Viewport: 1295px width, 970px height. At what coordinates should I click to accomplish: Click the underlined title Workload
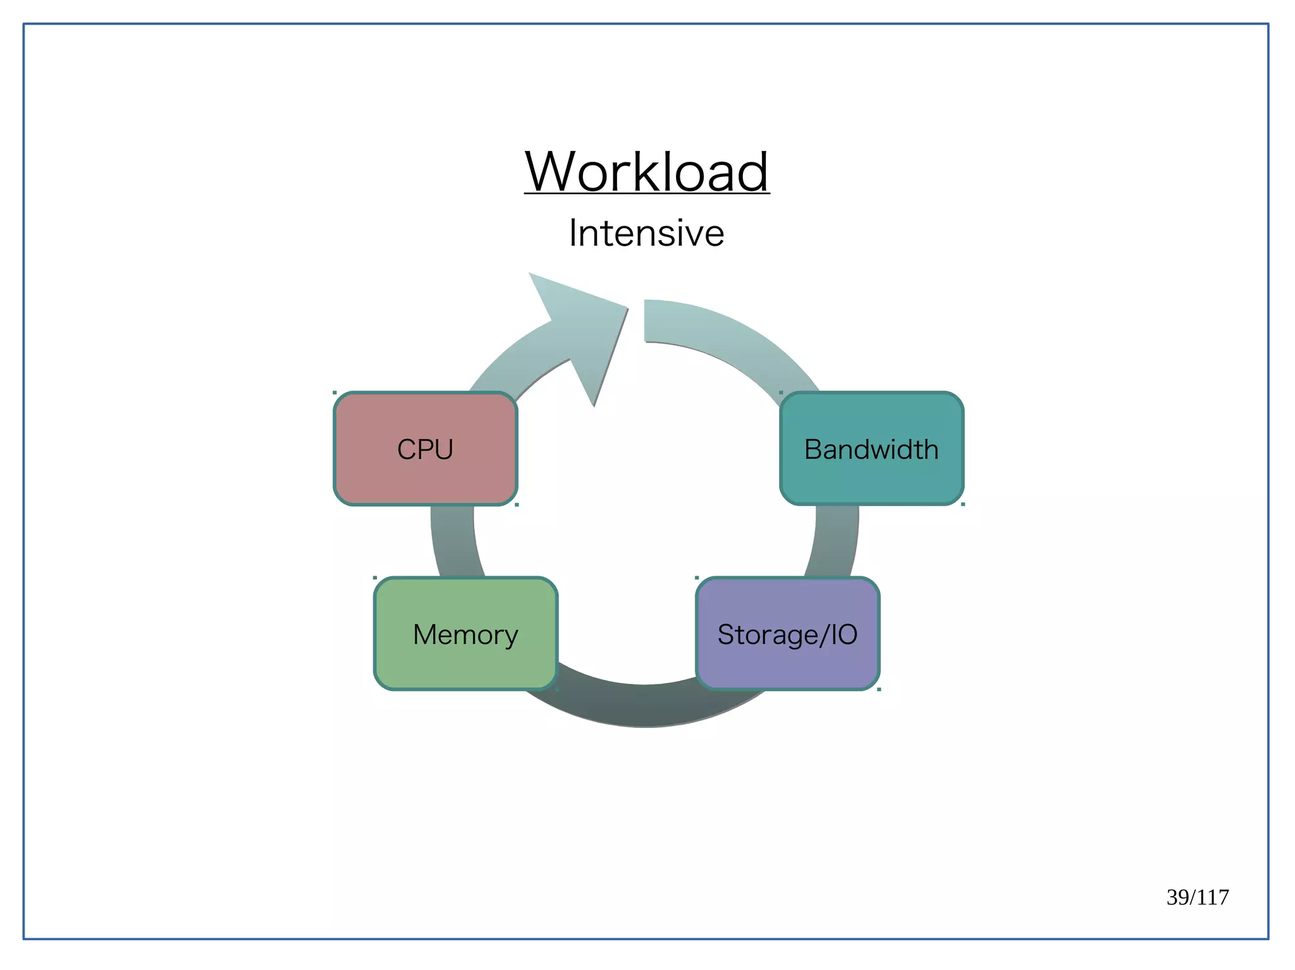pyautogui.click(x=646, y=172)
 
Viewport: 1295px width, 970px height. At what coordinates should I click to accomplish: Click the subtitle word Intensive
pyautogui.click(x=646, y=233)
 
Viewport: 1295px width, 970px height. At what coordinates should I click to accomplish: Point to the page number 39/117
pyautogui.click(x=1197, y=897)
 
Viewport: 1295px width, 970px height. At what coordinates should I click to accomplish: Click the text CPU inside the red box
pyautogui.click(x=425, y=449)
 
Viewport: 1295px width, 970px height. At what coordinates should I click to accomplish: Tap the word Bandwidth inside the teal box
pyautogui.click(x=871, y=449)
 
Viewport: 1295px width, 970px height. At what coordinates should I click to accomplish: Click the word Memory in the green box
pyautogui.click(x=465, y=634)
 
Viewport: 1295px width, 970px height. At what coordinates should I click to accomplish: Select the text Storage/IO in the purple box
pyautogui.click(x=787, y=634)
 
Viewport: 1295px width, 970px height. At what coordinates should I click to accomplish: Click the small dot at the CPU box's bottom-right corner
pyautogui.click(x=517, y=505)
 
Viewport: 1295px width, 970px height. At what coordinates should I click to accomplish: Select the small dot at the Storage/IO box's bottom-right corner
pyautogui.click(x=879, y=689)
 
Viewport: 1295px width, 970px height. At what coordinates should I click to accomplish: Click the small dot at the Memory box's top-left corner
pyautogui.click(x=375, y=578)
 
